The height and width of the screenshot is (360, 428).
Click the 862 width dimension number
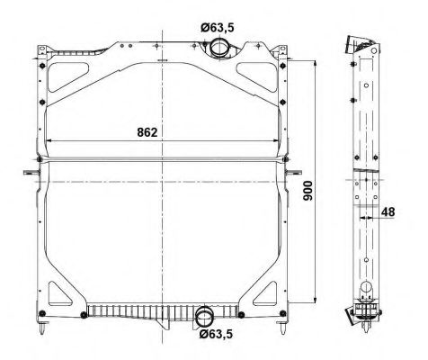[149, 132]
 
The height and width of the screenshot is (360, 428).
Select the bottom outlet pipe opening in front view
[204, 317]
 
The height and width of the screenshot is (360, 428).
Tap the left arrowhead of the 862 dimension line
[49, 141]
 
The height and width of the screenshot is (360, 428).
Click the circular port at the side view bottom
[368, 289]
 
